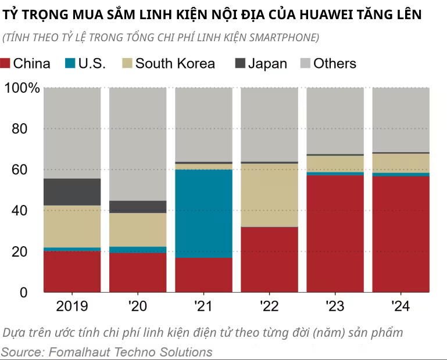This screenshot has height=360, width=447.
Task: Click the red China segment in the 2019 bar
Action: click(x=72, y=271)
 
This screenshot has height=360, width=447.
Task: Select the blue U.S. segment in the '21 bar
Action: click(x=203, y=213)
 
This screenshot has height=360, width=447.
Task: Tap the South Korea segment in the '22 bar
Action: click(x=269, y=195)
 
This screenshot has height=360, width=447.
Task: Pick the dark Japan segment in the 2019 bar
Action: click(x=72, y=192)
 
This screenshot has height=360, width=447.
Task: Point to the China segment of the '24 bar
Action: click(x=400, y=233)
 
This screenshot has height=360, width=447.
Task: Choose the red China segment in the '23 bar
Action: click(x=335, y=233)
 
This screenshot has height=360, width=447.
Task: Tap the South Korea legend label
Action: click(x=175, y=63)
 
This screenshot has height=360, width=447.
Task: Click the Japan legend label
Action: click(x=267, y=63)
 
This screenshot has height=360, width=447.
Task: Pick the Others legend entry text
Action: click(x=335, y=63)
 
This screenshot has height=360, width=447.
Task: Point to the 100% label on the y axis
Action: click(x=22, y=88)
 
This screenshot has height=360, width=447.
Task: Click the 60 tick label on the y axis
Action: click(x=20, y=170)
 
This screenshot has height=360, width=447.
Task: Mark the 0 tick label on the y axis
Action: click(x=23, y=293)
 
